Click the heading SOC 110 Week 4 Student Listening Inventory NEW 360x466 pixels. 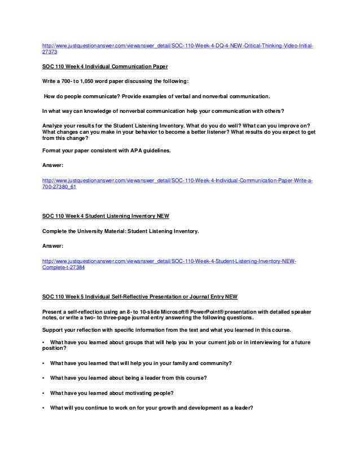(106, 216)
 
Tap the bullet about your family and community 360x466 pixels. (141, 362)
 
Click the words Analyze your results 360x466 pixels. (66, 125)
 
